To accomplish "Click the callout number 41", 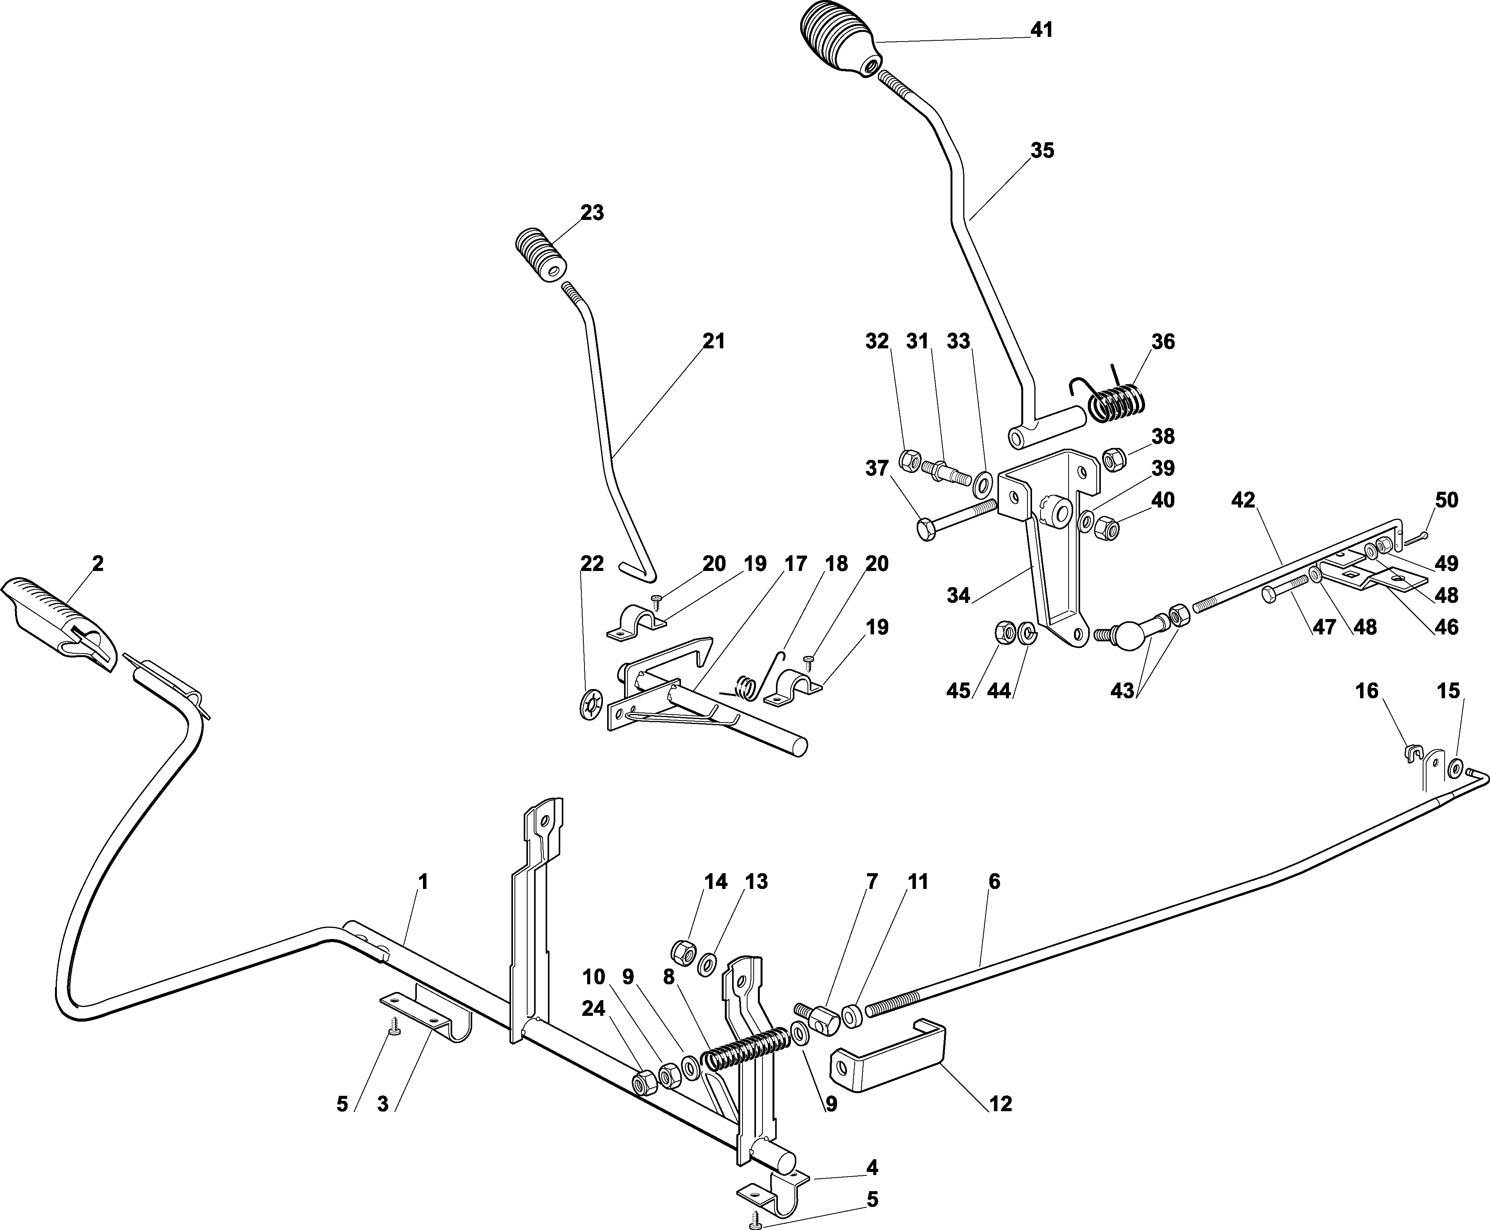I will tap(1042, 30).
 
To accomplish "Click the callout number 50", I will tap(1446, 500).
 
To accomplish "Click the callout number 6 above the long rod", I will tap(994, 882).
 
